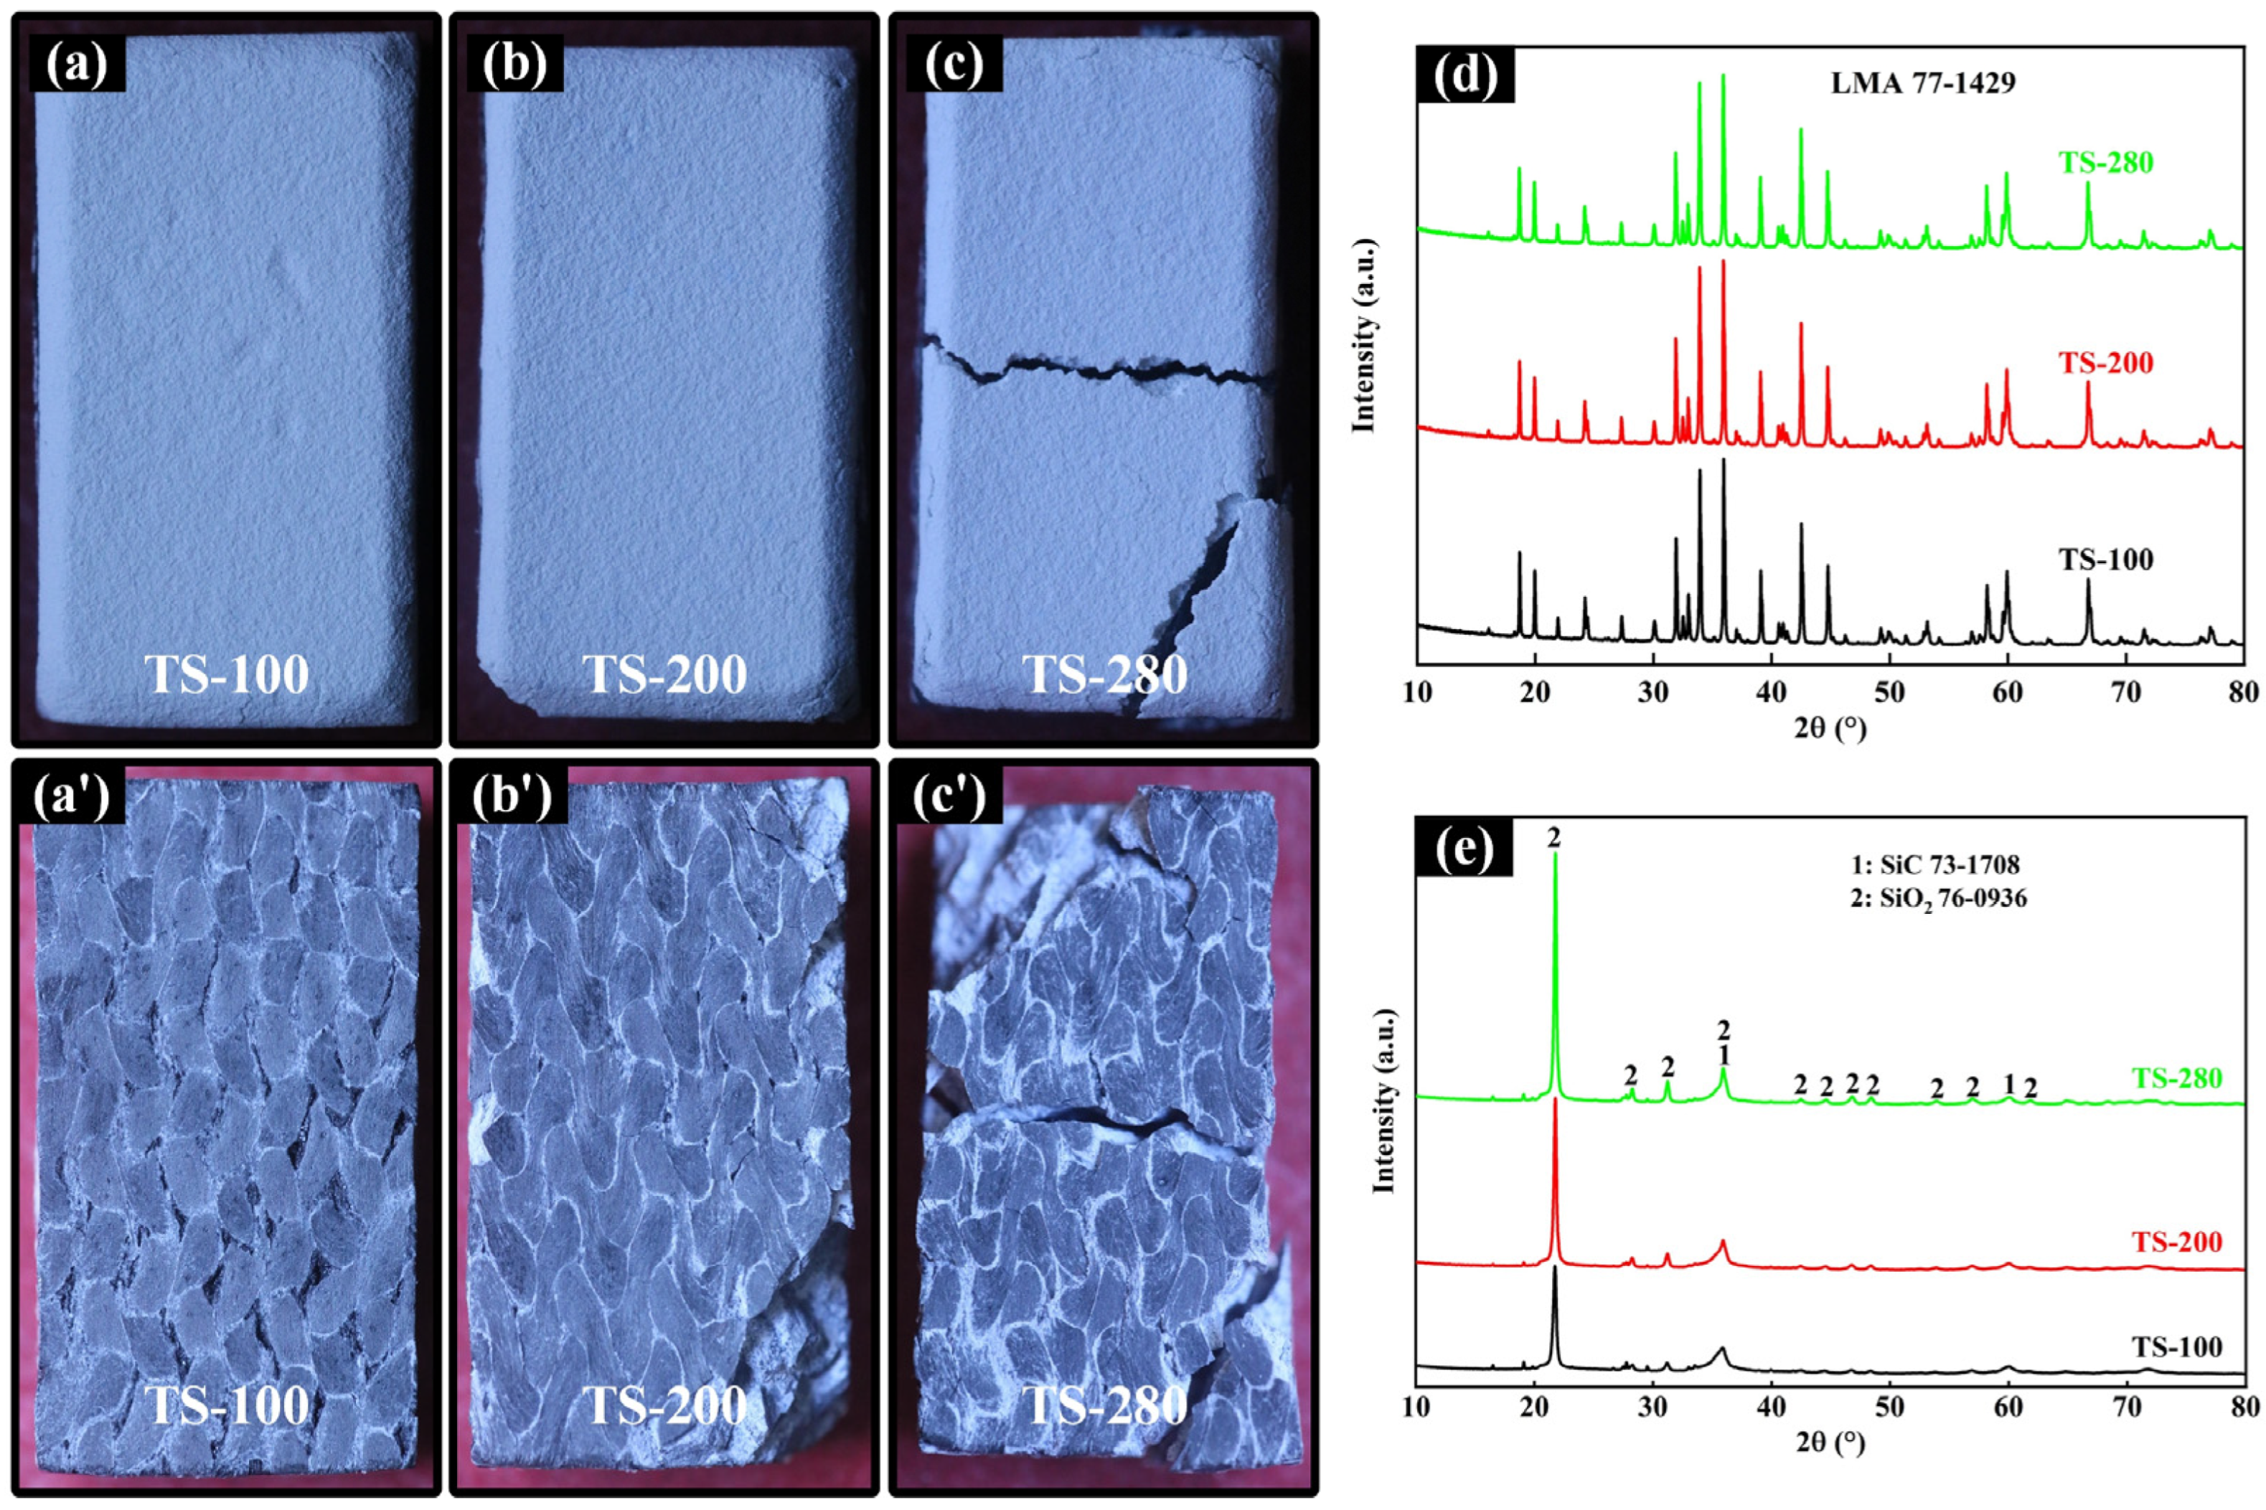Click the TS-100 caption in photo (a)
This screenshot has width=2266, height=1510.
point(227,675)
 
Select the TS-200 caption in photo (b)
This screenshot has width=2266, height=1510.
point(665,675)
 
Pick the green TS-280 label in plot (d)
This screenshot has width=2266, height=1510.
point(2106,162)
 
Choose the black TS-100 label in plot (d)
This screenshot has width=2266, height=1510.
point(2106,560)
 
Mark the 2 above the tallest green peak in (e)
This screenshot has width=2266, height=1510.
point(1554,838)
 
